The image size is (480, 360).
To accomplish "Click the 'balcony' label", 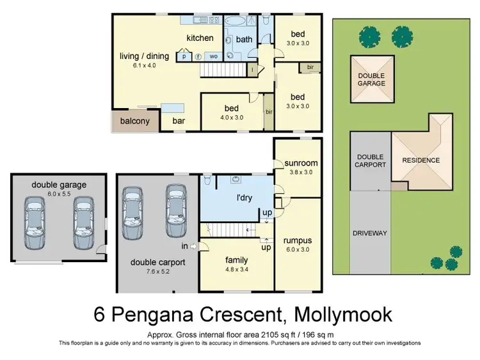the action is click(134, 121).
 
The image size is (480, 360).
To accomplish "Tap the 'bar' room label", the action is click(179, 121).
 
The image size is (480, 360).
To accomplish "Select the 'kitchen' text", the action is click(200, 38).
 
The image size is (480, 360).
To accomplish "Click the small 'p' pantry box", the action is click(184, 56).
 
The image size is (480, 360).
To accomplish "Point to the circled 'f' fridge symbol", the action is click(198, 56).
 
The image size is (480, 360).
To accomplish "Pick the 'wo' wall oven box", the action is click(214, 56).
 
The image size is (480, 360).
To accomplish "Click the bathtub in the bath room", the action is click(235, 20).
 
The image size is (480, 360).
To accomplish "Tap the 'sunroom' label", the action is click(301, 163).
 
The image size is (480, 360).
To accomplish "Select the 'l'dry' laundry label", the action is click(244, 198).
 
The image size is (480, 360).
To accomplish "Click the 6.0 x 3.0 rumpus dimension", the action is click(298, 249).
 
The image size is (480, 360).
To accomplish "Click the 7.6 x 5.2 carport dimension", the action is click(157, 271).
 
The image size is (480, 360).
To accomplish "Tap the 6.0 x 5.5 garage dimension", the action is click(59, 194).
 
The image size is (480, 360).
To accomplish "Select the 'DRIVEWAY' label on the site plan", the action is click(370, 233).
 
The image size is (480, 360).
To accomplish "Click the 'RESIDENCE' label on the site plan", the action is click(421, 160).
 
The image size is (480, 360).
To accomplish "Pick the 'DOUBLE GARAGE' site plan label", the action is click(372, 79).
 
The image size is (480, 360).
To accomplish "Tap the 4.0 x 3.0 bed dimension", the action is click(232, 118).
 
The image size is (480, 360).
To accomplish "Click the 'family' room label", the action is click(236, 260).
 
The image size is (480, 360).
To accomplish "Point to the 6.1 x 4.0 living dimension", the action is click(144, 65).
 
